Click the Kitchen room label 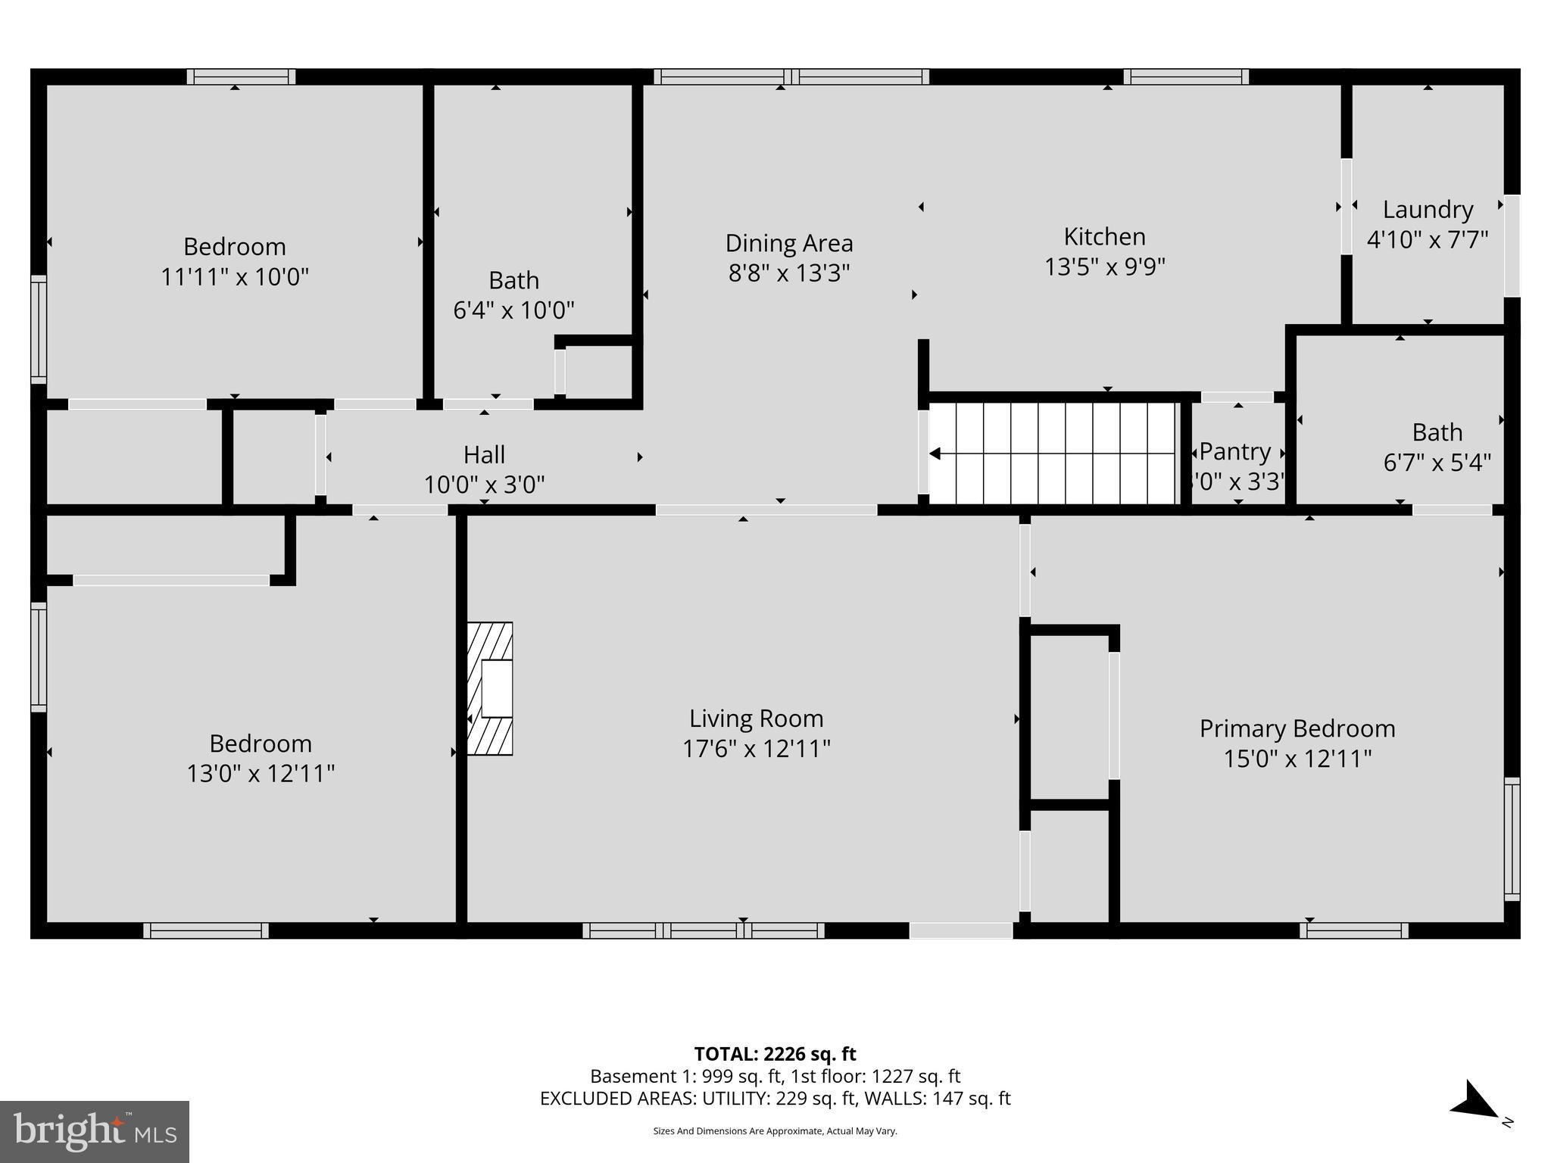point(1104,237)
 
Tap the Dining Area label point(789,243)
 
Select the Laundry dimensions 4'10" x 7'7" point(1427,240)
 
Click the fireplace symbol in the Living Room point(490,688)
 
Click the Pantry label point(1234,452)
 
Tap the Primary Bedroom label point(1297,728)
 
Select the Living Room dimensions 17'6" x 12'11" point(756,749)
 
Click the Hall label point(484,455)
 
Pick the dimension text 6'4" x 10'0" point(513,310)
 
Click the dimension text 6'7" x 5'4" point(1437,463)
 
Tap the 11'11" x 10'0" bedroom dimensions point(235,277)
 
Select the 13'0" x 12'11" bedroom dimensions point(261,774)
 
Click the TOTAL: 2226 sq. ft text point(775,1054)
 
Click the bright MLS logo point(95,1131)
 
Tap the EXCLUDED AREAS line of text point(775,1099)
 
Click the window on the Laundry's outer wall point(1512,245)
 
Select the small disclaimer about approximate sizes point(775,1131)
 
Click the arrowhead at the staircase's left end point(935,454)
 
